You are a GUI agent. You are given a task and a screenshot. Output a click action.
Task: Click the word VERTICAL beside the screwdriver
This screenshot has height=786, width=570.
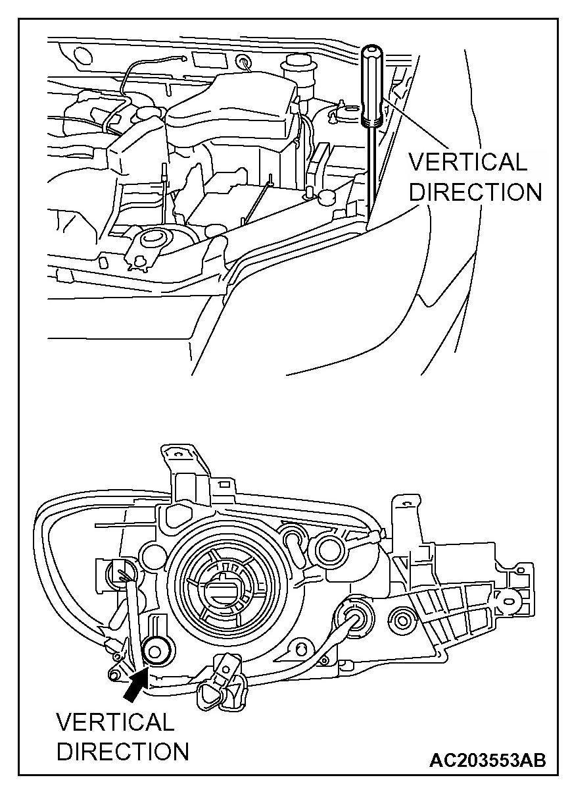tap(467, 162)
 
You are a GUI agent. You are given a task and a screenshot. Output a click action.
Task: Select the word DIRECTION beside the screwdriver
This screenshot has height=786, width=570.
tap(475, 192)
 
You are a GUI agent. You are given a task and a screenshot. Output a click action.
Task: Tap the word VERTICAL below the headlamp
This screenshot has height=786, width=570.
tap(115, 722)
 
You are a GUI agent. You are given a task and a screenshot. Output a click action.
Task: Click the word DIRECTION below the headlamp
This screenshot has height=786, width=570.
tap(123, 751)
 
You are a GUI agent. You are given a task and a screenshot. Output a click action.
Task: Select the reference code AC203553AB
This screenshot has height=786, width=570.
tap(487, 760)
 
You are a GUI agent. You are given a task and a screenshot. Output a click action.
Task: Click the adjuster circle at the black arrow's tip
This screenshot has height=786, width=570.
tap(156, 652)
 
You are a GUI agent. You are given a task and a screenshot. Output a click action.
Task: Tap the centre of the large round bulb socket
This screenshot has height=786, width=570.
tap(219, 583)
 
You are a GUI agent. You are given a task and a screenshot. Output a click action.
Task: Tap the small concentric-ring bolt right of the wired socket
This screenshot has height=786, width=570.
tap(402, 617)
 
